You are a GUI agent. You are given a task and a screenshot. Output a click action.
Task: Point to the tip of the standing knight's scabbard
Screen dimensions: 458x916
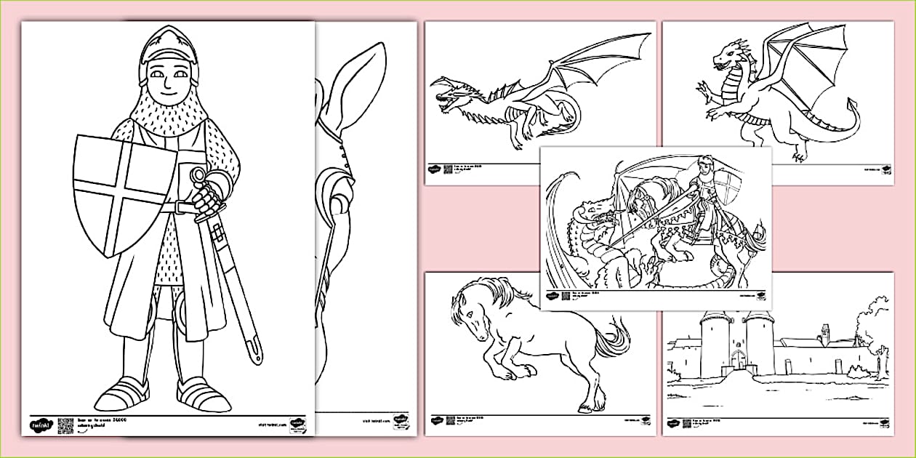click(x=257, y=356)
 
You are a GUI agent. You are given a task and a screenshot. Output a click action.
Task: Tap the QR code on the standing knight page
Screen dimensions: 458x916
click(x=65, y=425)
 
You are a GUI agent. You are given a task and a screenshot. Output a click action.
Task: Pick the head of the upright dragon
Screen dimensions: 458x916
click(x=727, y=55)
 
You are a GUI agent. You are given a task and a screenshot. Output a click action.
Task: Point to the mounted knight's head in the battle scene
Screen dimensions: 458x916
click(x=704, y=164)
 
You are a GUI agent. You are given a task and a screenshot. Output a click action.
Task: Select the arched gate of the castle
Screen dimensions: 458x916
click(x=739, y=360)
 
